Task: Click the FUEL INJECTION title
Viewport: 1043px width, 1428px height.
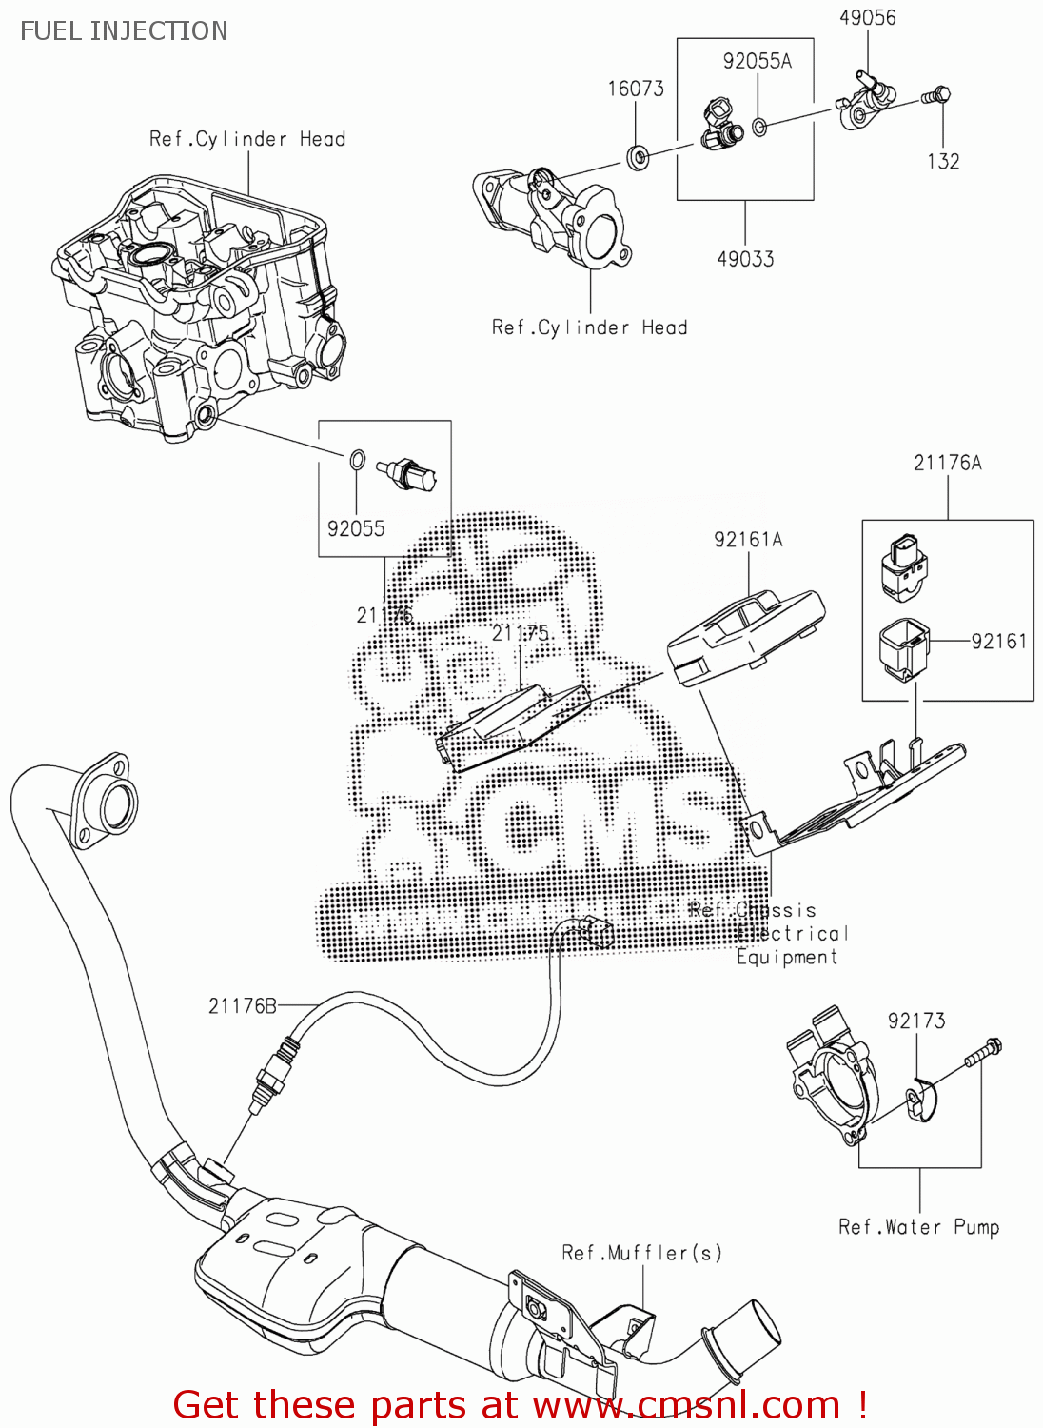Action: [124, 30]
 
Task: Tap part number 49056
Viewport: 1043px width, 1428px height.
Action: [867, 17]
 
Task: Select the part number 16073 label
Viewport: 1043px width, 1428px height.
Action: [636, 89]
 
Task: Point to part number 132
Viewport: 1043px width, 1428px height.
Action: [943, 161]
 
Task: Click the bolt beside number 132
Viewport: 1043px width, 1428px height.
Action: [936, 95]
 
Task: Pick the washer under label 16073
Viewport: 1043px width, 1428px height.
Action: [639, 154]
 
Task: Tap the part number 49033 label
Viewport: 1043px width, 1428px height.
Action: [745, 259]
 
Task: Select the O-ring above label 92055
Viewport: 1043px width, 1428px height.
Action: [356, 460]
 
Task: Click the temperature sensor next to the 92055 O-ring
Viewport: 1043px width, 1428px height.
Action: [407, 473]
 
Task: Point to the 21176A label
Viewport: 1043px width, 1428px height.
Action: [947, 463]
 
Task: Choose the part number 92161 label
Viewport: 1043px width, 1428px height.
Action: [998, 641]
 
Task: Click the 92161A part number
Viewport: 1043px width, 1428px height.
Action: [748, 540]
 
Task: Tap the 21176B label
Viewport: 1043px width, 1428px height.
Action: [243, 1005]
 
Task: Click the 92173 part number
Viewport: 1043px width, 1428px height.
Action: [915, 1021]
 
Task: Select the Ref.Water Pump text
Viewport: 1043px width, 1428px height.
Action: [918, 1227]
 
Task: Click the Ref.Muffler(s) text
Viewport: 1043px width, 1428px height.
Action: [641, 1253]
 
